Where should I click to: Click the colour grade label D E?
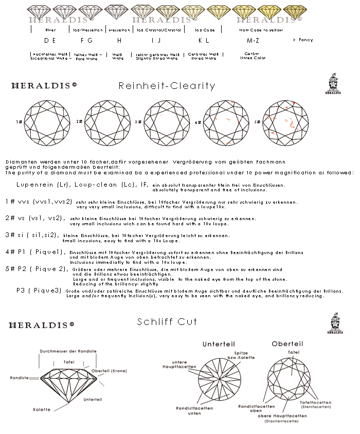click(50, 40)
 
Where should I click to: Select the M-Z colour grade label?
click(253, 40)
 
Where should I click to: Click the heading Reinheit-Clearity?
click(167, 86)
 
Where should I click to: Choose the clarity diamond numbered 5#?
click(285, 121)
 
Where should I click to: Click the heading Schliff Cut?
click(167, 322)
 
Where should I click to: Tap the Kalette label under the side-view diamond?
click(42, 409)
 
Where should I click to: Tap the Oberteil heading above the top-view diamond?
click(287, 343)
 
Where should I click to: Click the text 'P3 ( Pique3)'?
click(39, 291)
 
